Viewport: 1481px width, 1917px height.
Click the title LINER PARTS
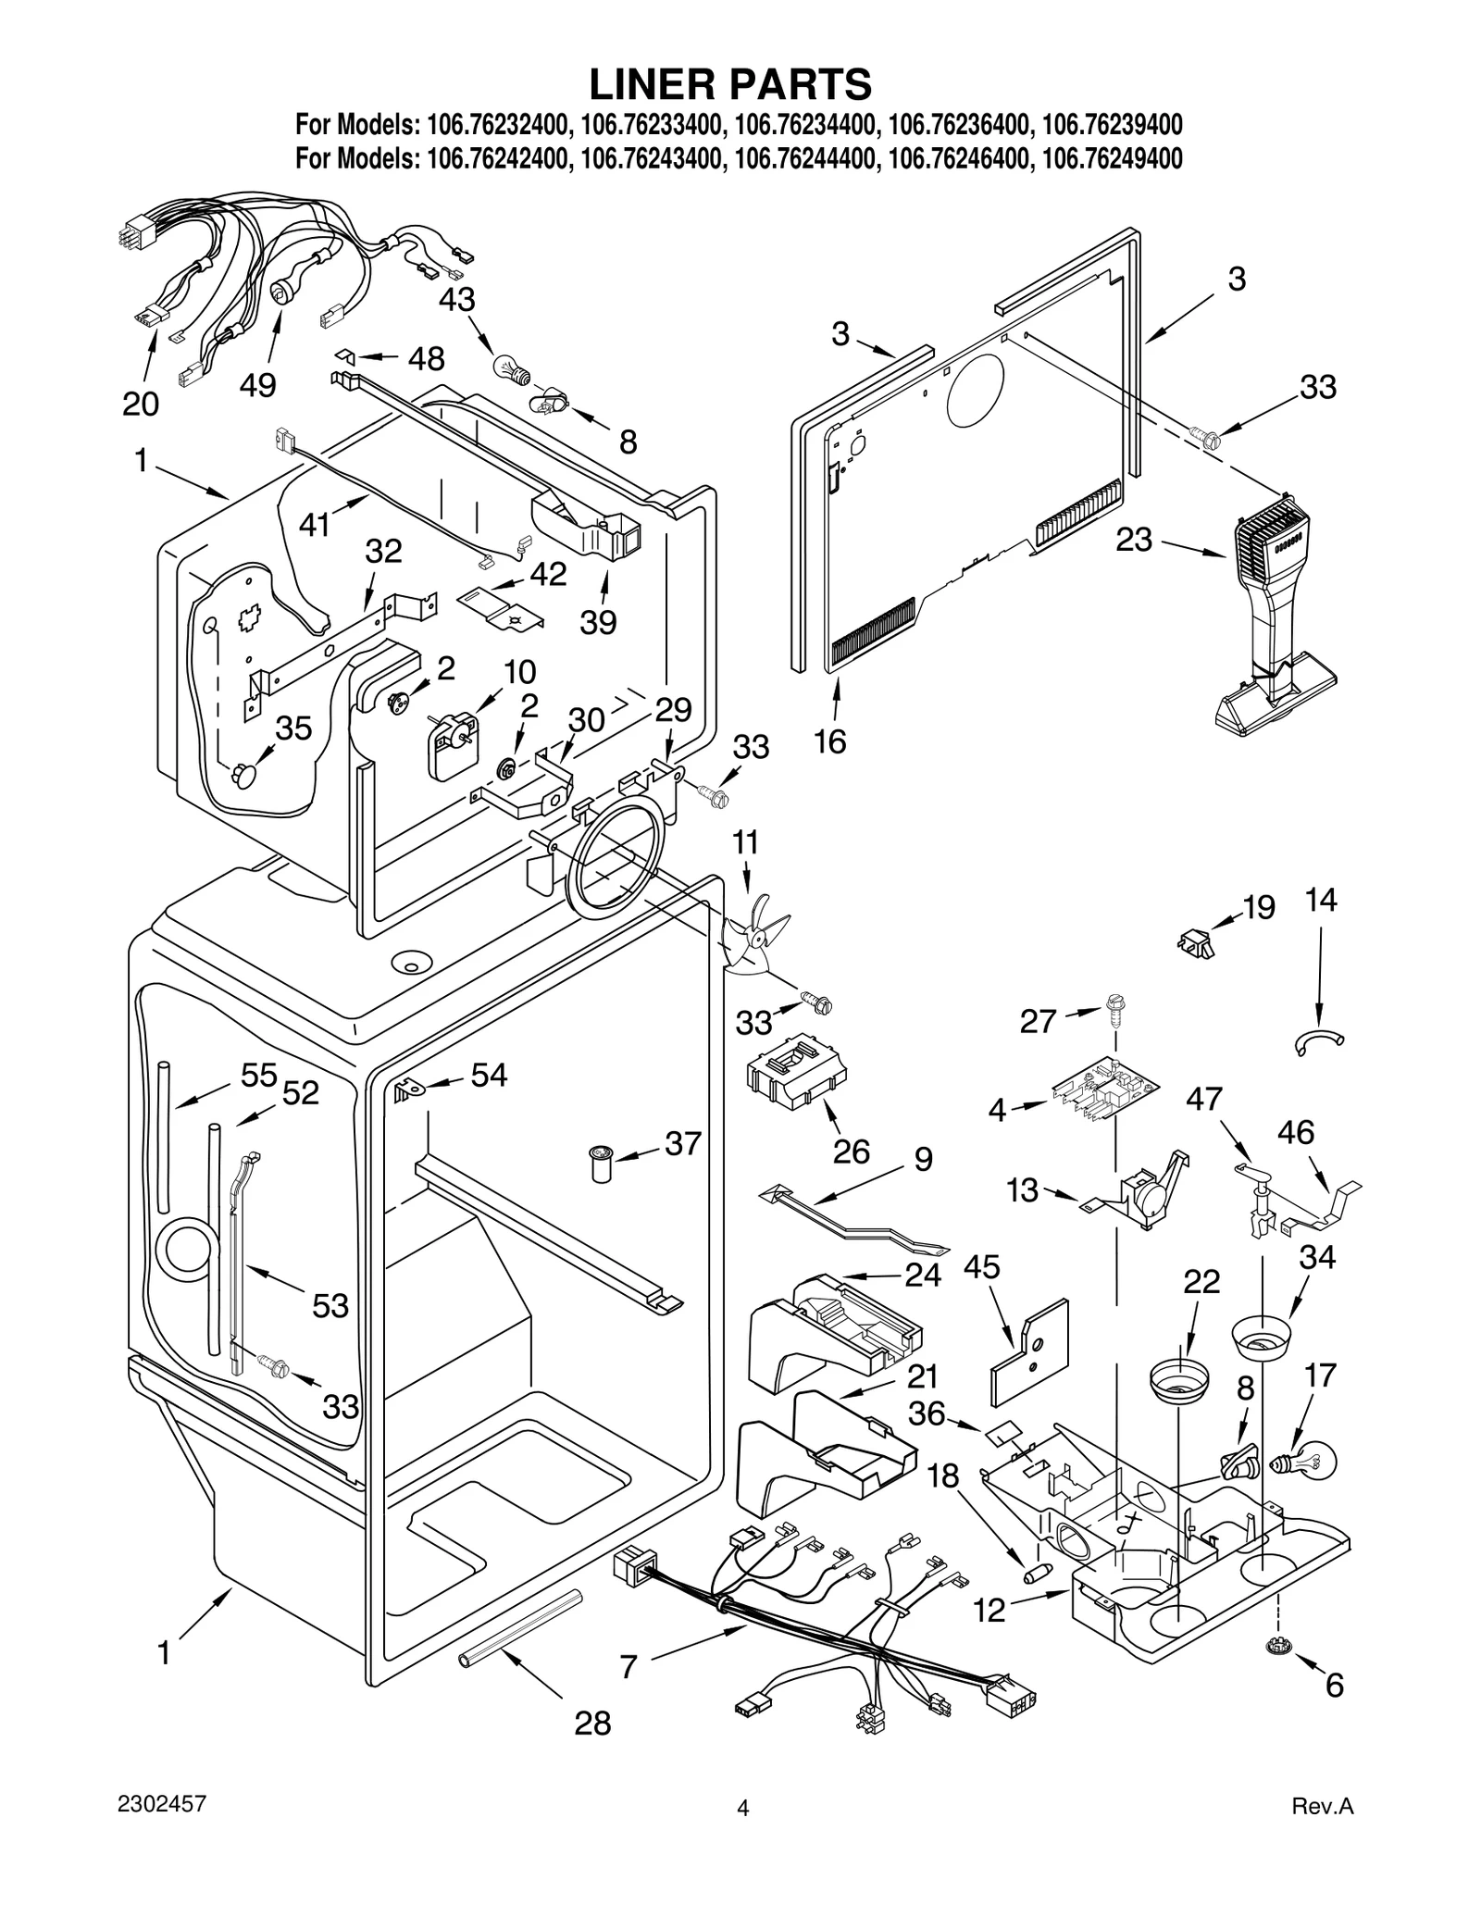pos(730,84)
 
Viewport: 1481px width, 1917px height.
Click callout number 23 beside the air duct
pos(1133,539)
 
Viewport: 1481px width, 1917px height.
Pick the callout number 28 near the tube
pos(592,1723)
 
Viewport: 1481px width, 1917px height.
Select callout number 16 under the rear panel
pos(830,741)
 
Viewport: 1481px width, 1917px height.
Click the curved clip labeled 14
pos(1318,1042)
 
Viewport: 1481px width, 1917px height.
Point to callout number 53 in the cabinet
pos(330,1306)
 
